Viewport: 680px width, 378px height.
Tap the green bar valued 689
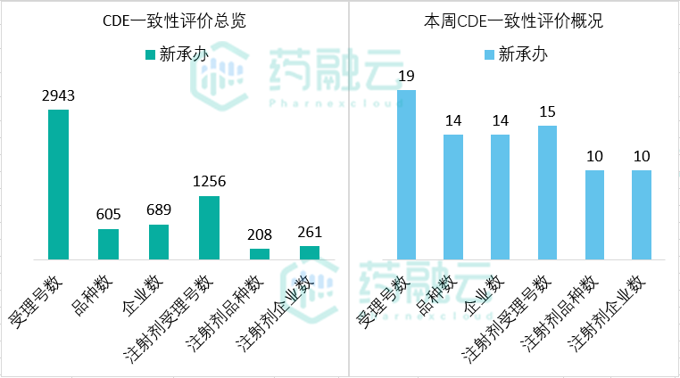click(159, 242)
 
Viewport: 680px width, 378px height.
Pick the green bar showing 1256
click(209, 227)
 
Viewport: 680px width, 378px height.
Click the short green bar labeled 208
click(260, 254)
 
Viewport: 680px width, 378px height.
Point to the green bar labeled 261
click(310, 252)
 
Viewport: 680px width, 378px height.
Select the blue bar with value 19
click(406, 175)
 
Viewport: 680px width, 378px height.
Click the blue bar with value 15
click(548, 193)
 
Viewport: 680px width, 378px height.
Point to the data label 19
click(406, 76)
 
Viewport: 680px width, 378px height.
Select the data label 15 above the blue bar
click(548, 111)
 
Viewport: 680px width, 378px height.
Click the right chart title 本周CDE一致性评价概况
click(512, 21)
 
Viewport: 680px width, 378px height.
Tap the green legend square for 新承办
click(150, 55)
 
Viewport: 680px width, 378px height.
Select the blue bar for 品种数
click(453, 197)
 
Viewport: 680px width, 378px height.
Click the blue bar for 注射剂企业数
click(642, 215)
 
